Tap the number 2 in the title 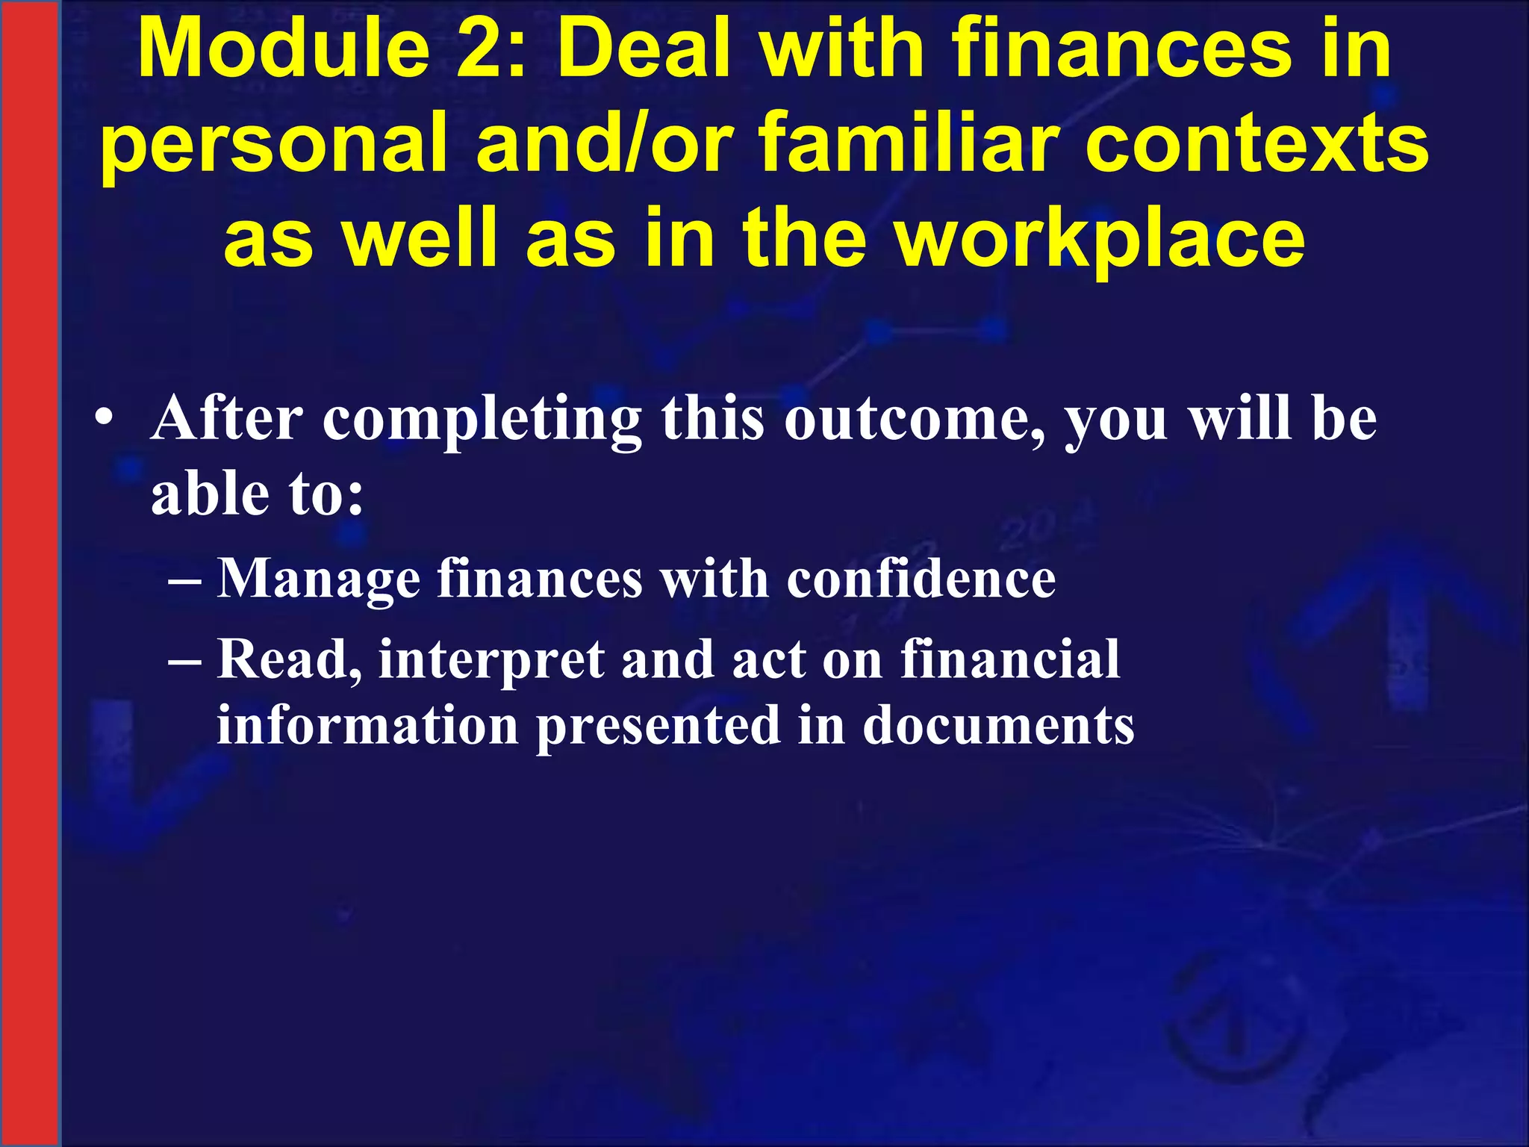pos(484,49)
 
